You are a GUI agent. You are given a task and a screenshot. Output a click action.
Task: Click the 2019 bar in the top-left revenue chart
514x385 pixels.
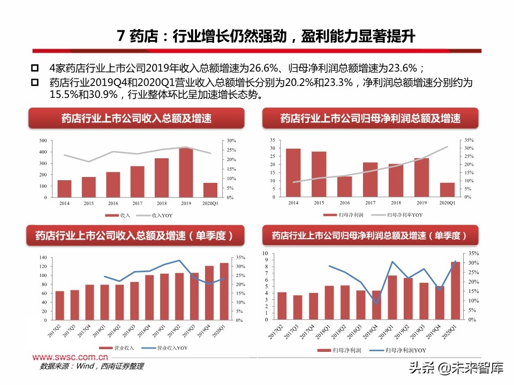[186, 172]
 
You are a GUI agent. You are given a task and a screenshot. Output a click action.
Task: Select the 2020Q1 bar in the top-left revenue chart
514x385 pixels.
[210, 190]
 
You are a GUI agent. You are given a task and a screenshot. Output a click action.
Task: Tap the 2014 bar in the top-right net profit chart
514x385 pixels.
[293, 173]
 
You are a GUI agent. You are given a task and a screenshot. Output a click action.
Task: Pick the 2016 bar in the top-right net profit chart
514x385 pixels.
[344, 187]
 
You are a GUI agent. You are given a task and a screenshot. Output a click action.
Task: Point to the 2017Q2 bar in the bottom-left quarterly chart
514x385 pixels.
[59, 306]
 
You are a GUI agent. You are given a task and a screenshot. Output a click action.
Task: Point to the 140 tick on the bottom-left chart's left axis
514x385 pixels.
[41, 258]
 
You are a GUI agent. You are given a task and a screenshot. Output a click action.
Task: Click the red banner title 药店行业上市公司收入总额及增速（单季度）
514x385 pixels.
[136, 235]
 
